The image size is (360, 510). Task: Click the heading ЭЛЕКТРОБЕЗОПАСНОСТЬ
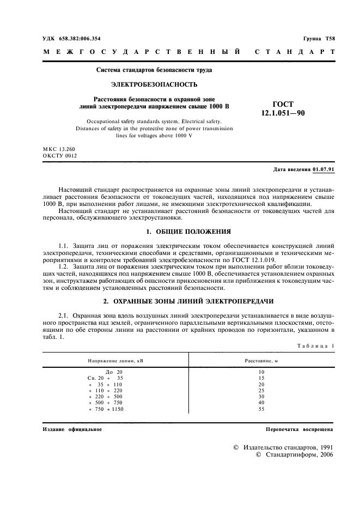[x=154, y=84]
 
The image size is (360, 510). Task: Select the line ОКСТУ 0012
[x=60, y=155]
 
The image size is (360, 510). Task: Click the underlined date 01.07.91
[x=324, y=169]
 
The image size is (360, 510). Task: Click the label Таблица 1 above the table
[x=316, y=347]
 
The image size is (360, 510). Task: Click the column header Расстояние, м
[x=261, y=361]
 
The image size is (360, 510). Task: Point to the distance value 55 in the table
[x=261, y=409]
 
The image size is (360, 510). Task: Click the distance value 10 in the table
[x=261, y=371]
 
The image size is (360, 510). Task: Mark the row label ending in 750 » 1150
[x=106, y=409]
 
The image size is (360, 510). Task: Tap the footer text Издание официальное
[x=72, y=429]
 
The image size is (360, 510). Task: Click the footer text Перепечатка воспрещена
[x=299, y=429]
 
